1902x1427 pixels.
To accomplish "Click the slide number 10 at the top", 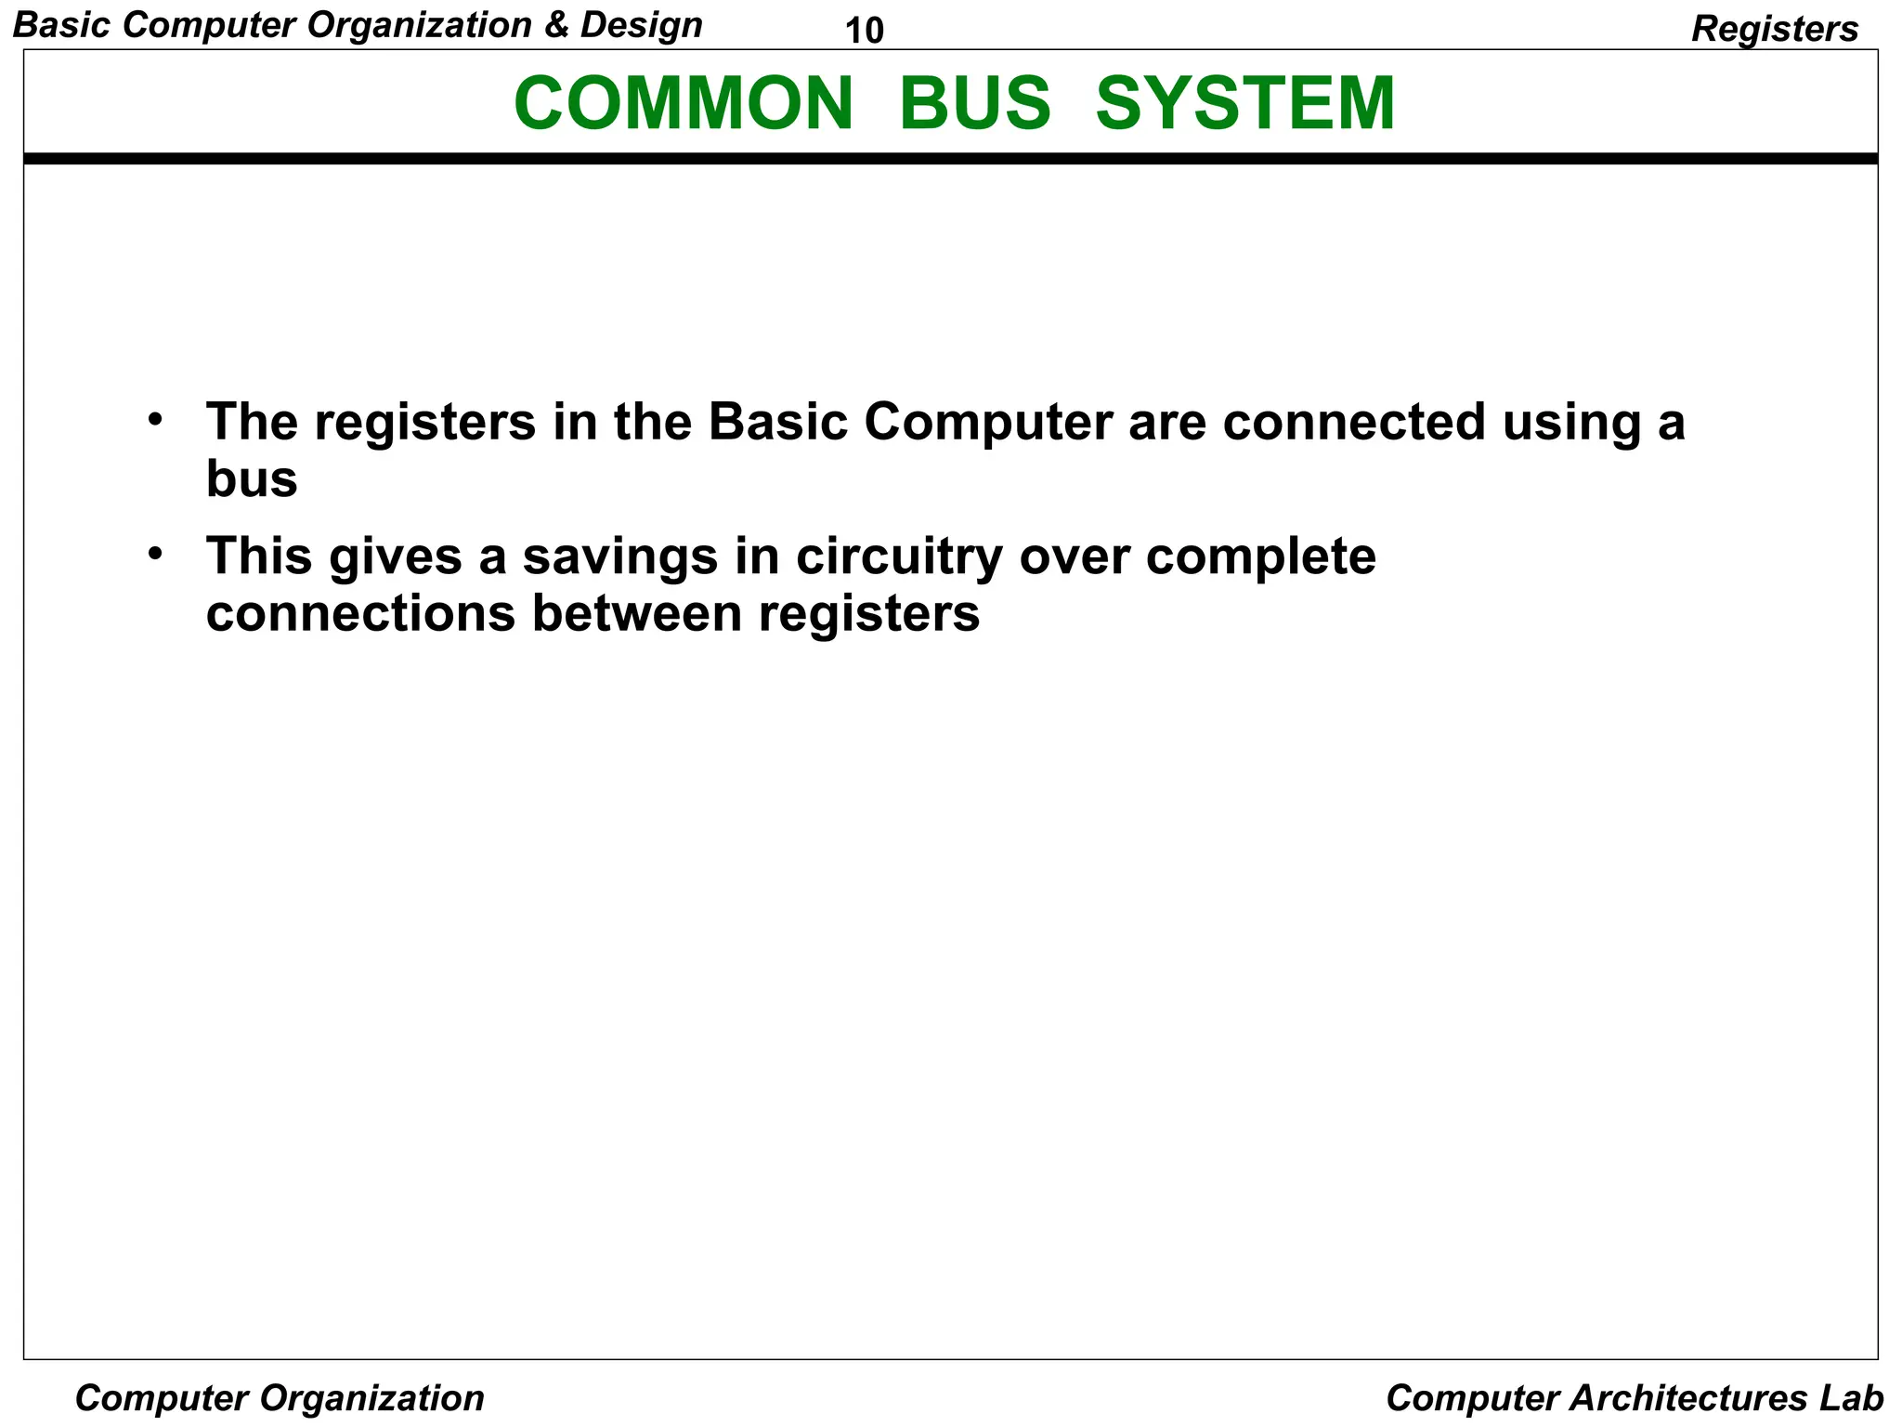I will coord(864,31).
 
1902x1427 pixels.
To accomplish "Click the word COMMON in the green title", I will coord(683,103).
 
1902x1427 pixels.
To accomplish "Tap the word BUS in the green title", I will coord(974,103).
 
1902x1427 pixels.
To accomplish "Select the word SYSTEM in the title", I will coord(1245,103).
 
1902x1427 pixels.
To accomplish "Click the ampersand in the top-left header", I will coord(556,25).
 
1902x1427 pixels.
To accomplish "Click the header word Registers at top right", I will coord(1775,29).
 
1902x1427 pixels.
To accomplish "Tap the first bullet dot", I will coord(155,418).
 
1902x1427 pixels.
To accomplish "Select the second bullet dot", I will coord(155,553).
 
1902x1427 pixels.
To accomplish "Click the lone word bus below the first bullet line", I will coord(252,479).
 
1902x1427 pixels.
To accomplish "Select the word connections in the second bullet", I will coord(360,613).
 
